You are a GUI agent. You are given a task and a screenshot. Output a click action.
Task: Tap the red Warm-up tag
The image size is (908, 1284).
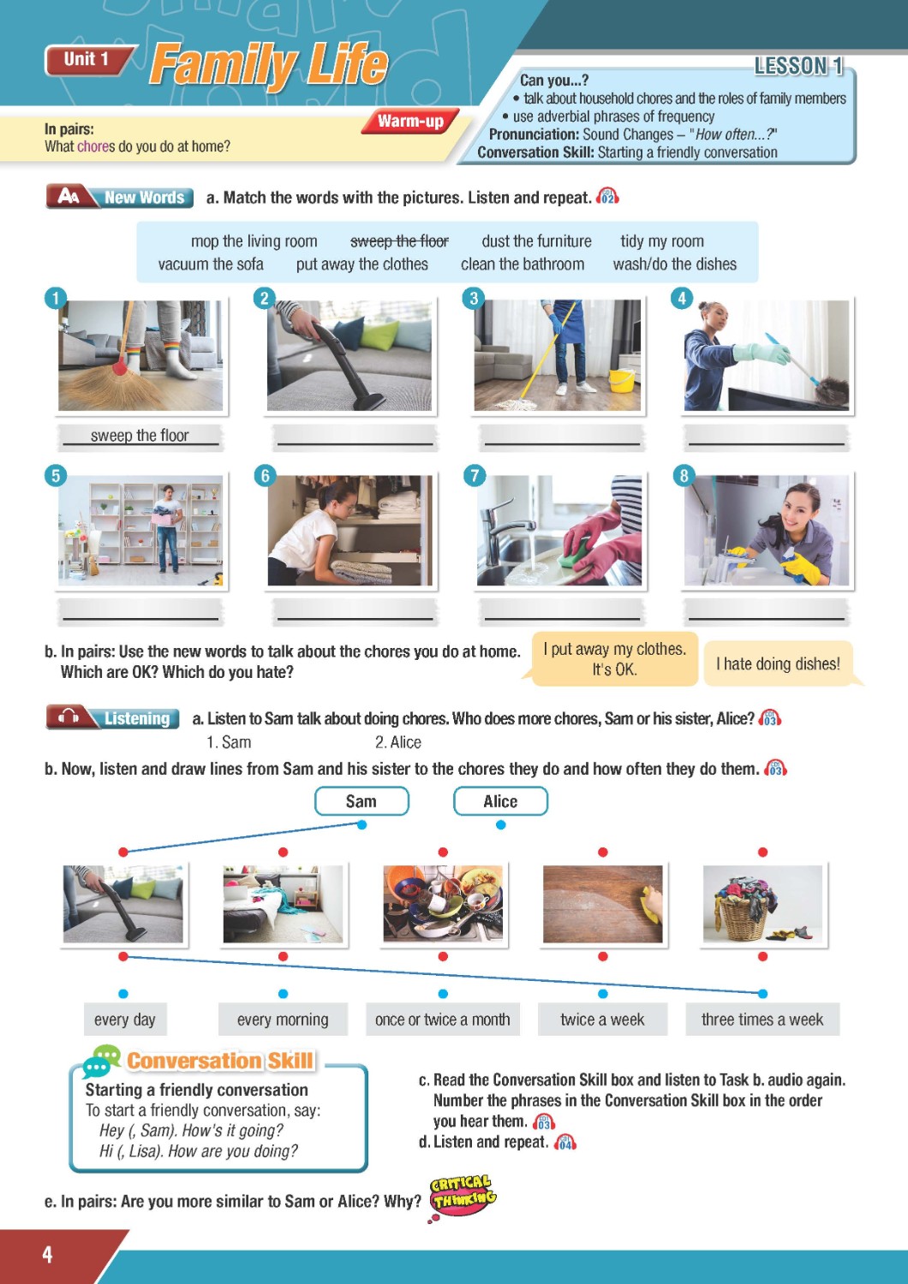[410, 121]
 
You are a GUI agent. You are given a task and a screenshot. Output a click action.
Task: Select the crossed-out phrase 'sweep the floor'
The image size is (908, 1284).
[399, 241]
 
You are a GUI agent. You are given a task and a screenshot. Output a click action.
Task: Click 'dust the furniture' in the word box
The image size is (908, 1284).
[536, 241]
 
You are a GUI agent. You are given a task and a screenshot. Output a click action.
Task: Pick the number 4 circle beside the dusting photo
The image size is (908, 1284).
[682, 298]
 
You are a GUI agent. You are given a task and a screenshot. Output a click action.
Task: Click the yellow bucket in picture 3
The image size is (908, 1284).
[622, 381]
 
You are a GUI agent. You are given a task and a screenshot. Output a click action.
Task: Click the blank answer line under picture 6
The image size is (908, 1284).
[355, 619]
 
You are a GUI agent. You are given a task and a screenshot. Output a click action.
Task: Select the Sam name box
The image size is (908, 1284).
[361, 800]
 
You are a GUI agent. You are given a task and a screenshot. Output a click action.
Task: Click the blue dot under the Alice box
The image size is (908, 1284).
[501, 825]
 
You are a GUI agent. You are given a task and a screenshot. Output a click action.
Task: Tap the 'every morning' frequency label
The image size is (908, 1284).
[283, 1019]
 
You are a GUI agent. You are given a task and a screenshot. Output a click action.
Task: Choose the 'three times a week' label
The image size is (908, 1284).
[762, 1019]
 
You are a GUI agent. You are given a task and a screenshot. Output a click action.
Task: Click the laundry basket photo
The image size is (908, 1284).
[762, 904]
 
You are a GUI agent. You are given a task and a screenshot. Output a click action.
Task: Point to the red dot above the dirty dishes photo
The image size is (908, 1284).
[443, 853]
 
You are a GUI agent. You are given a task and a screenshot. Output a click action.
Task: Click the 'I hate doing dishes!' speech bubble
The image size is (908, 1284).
[779, 663]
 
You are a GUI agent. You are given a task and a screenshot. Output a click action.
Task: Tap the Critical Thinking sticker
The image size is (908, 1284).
[463, 1197]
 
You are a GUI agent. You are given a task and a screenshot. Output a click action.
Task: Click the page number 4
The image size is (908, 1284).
[48, 1254]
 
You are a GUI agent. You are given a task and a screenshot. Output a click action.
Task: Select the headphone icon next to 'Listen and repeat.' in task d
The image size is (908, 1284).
[565, 1143]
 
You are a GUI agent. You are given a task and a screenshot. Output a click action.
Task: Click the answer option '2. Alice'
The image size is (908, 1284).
[398, 743]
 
